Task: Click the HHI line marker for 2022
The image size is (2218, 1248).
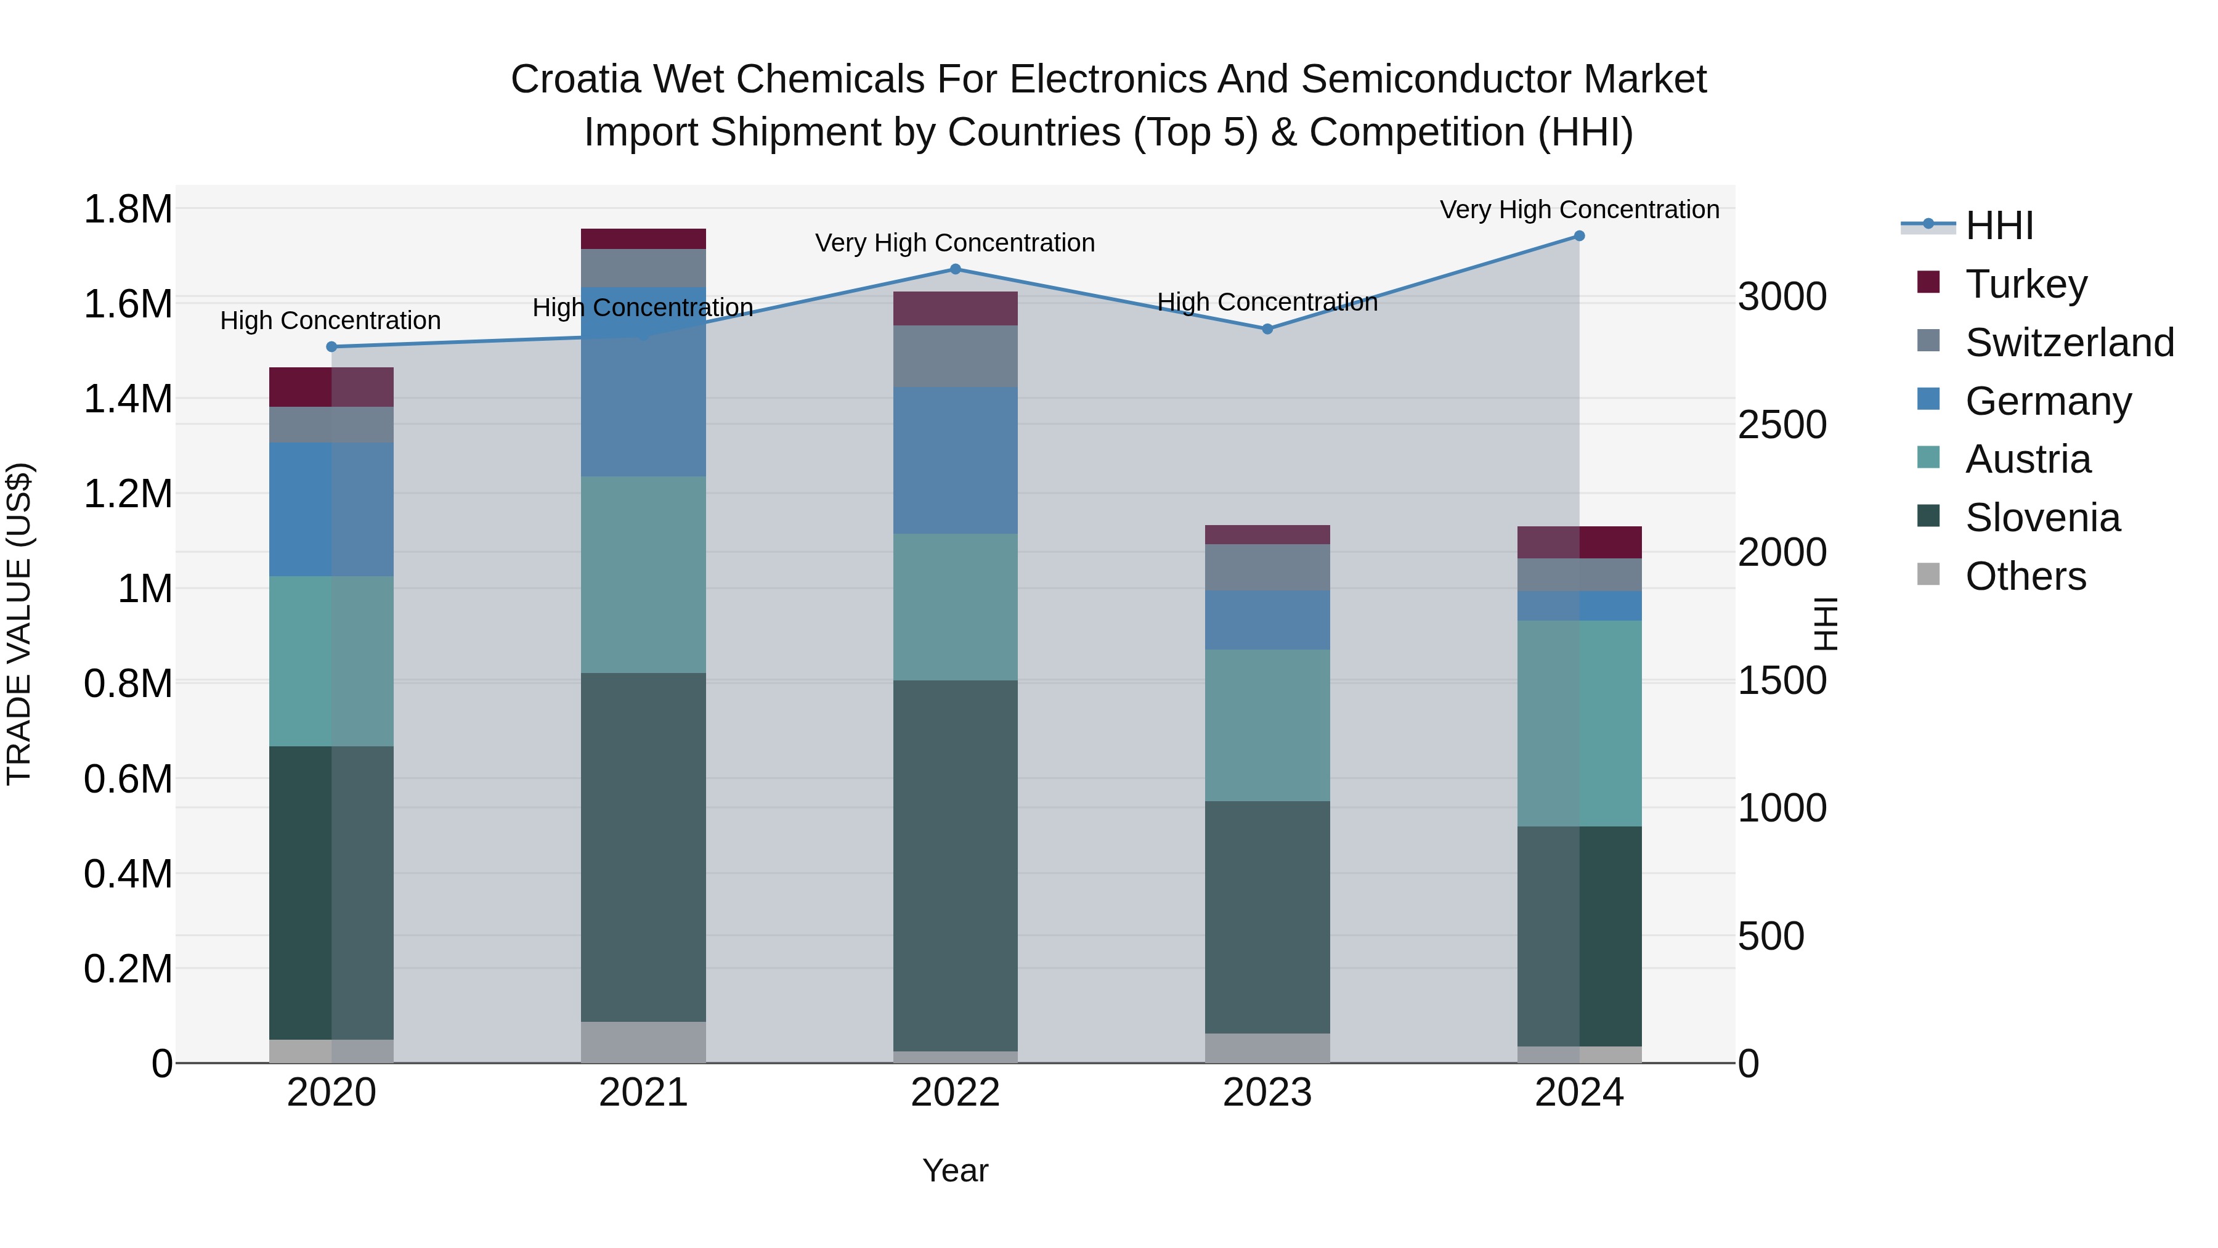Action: (x=955, y=269)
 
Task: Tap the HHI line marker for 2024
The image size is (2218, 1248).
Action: (x=1579, y=236)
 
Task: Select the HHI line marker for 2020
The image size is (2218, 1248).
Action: (x=331, y=347)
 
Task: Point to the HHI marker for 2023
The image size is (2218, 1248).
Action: (x=1267, y=329)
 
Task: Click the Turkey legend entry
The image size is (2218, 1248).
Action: (x=2026, y=283)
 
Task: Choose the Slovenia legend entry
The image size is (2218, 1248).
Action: (x=2042, y=518)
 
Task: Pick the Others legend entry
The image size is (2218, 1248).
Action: (x=2025, y=576)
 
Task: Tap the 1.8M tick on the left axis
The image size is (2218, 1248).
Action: (x=128, y=210)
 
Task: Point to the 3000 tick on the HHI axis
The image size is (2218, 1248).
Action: (x=1781, y=296)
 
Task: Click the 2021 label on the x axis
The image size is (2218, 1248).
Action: (x=643, y=1093)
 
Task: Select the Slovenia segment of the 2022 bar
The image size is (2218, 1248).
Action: (x=955, y=866)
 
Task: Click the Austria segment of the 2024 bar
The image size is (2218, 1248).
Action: (x=1579, y=724)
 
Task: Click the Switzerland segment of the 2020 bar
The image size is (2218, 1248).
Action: (x=331, y=425)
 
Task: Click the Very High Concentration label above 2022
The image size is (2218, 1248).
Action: (x=955, y=243)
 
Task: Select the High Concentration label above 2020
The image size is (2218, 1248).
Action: (x=331, y=320)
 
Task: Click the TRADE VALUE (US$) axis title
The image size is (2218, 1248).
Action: (x=20, y=624)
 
